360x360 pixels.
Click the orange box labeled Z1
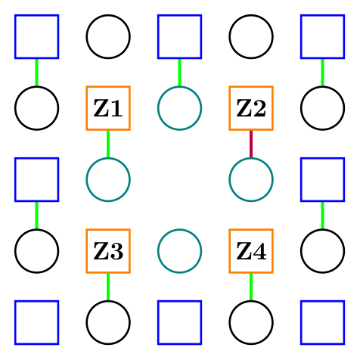coord(108,108)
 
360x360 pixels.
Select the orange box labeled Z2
coord(251,108)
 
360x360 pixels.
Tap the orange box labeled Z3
coord(108,250)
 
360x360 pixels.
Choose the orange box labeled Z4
coord(251,250)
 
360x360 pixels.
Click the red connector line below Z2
coord(251,144)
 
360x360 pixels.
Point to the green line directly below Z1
coord(108,144)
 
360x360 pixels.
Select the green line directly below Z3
coord(108,286)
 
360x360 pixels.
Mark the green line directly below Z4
coord(251,286)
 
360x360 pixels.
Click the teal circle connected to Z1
coord(108,179)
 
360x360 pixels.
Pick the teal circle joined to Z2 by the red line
coord(251,179)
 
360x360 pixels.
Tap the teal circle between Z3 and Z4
coord(179,250)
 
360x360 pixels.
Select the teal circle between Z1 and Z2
coord(179,108)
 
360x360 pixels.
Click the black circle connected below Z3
coord(108,321)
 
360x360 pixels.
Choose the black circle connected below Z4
coord(251,321)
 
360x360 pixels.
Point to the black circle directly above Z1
coord(108,36)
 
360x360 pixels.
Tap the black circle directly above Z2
coord(251,36)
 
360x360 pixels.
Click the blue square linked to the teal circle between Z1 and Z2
coord(179,36)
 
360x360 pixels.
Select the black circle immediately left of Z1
coord(36,108)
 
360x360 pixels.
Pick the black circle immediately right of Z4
coord(322,250)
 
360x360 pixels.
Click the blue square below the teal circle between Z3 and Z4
coord(179,321)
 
